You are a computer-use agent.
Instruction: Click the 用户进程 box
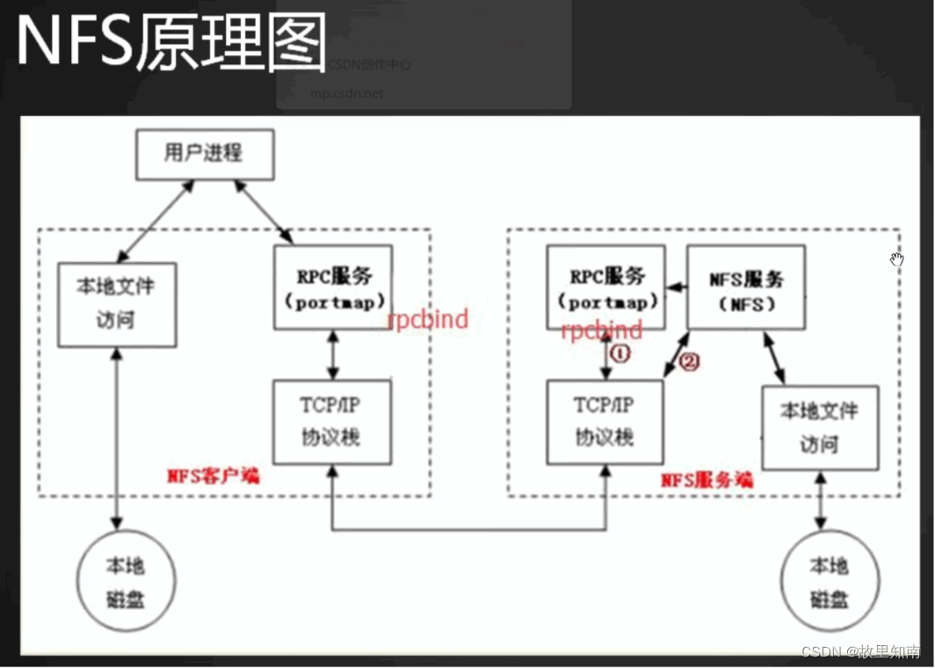pyautogui.click(x=204, y=154)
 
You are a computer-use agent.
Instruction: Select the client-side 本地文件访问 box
pyautogui.click(x=117, y=302)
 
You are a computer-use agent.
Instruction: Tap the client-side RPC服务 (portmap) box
pyautogui.click(x=332, y=287)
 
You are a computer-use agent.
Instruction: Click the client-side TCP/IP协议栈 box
pyautogui.click(x=332, y=423)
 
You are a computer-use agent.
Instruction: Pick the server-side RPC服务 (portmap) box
pyautogui.click(x=605, y=287)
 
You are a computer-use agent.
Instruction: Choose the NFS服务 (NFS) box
pyautogui.click(x=745, y=287)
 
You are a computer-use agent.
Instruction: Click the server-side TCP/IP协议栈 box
pyautogui.click(x=605, y=423)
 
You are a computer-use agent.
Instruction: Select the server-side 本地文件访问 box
pyautogui.click(x=820, y=427)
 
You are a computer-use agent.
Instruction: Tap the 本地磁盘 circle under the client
pyautogui.click(x=126, y=582)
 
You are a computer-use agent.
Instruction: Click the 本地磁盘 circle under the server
pyautogui.click(x=830, y=582)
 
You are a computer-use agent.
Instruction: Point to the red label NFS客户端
pyautogui.click(x=214, y=476)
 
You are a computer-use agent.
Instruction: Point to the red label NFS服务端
pyautogui.click(x=707, y=480)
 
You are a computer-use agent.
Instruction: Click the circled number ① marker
pyautogui.click(x=620, y=353)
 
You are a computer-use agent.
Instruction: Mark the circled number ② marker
pyautogui.click(x=690, y=361)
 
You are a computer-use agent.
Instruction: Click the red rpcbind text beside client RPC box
pyautogui.click(x=428, y=319)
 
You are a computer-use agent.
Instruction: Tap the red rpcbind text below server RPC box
pyautogui.click(x=602, y=330)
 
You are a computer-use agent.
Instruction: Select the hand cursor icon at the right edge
pyautogui.click(x=896, y=259)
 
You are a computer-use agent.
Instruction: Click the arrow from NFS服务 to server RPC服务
pyautogui.click(x=675, y=287)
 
